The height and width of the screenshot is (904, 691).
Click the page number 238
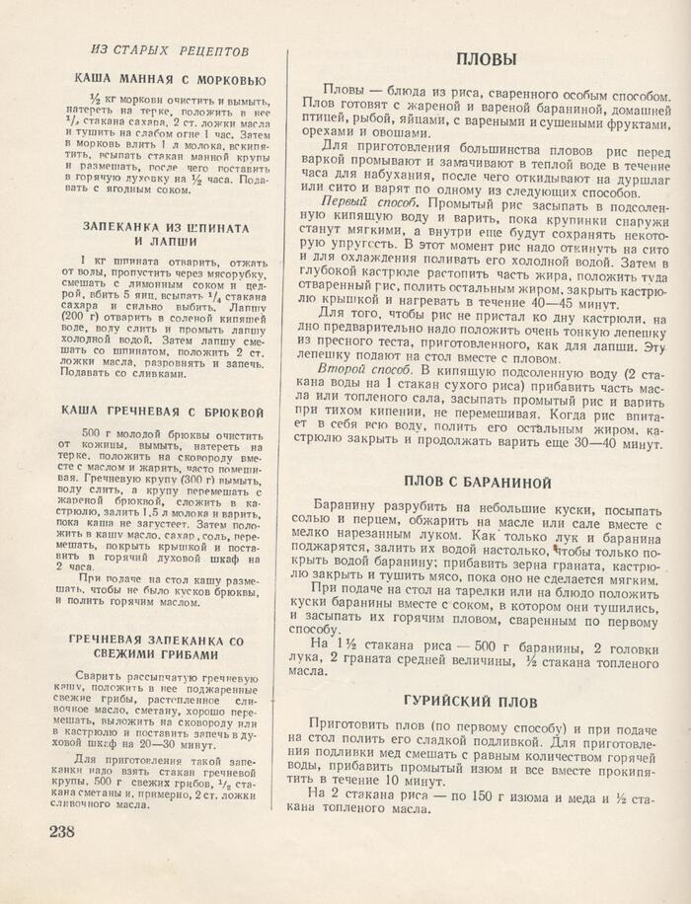pyautogui.click(x=61, y=830)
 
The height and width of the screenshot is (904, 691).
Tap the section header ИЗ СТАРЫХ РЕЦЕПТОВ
pyautogui.click(x=169, y=50)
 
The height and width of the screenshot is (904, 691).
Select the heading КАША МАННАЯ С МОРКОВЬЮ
pyautogui.click(x=169, y=79)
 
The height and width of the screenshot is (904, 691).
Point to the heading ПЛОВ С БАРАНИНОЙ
pyautogui.click(x=478, y=482)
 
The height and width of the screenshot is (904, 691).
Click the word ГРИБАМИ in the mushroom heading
pyautogui.click(x=170, y=653)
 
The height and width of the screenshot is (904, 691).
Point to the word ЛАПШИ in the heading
pyautogui.click(x=172, y=240)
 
